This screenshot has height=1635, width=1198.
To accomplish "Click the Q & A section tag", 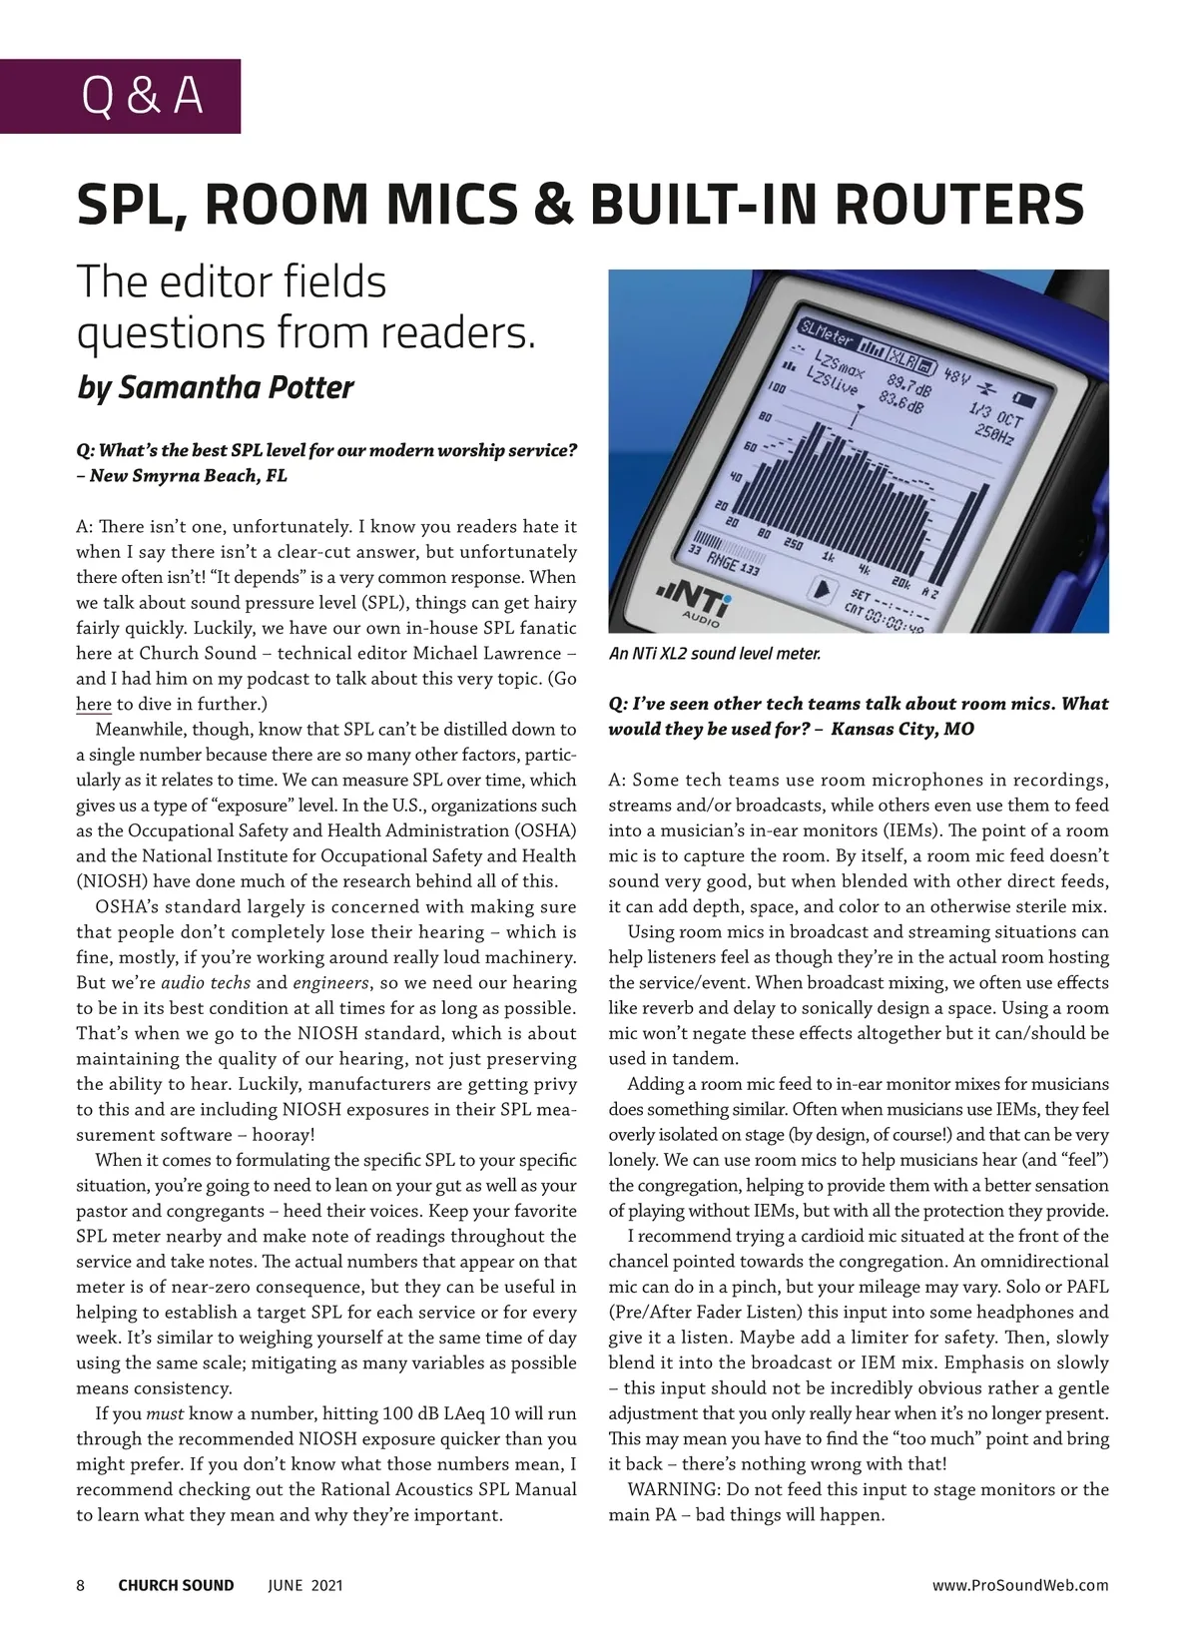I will (x=142, y=96).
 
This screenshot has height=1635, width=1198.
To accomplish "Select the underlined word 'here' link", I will (x=94, y=705).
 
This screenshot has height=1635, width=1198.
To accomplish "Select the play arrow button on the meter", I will (x=822, y=590).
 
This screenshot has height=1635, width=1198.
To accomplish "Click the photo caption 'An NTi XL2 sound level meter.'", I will (x=715, y=654).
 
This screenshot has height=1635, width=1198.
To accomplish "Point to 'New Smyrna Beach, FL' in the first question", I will (x=189, y=476).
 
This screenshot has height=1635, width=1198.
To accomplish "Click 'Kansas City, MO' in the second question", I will (x=902, y=729).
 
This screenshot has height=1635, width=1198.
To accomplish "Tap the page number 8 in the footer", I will (x=81, y=1585).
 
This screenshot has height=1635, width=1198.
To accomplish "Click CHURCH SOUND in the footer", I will (x=176, y=1585).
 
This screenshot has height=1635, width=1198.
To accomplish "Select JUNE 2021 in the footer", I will (x=305, y=1585).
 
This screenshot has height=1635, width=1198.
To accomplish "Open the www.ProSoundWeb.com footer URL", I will (x=1020, y=1585).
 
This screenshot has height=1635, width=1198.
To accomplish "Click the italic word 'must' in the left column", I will (x=165, y=1413).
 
